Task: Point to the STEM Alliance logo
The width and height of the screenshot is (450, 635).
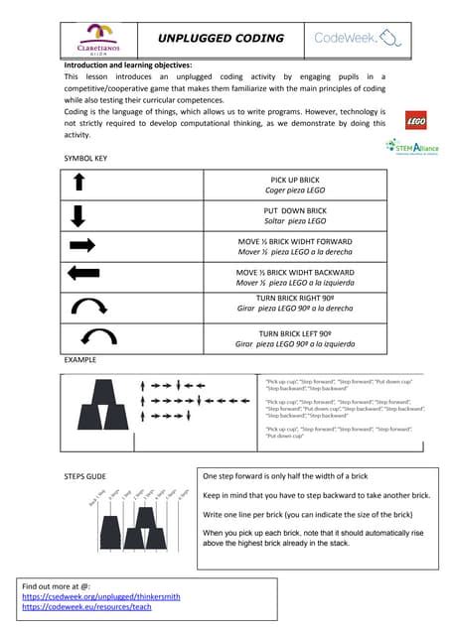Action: point(412,147)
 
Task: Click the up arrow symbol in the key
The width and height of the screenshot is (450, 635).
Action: point(81,185)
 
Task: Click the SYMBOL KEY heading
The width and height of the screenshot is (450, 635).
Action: point(86,159)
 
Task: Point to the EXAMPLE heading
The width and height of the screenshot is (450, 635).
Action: point(80,359)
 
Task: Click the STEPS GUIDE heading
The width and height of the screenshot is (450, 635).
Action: point(85,476)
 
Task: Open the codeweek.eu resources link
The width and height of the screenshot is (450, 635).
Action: point(86,608)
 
